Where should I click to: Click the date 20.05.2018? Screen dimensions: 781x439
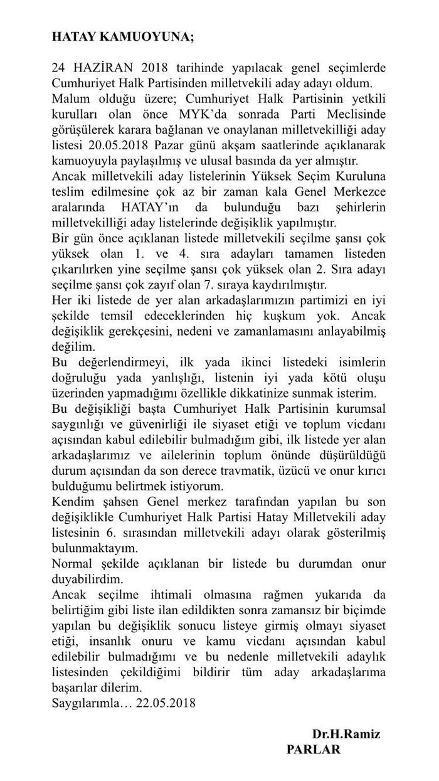click(x=109, y=145)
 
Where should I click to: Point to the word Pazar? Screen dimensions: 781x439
click(x=167, y=145)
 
